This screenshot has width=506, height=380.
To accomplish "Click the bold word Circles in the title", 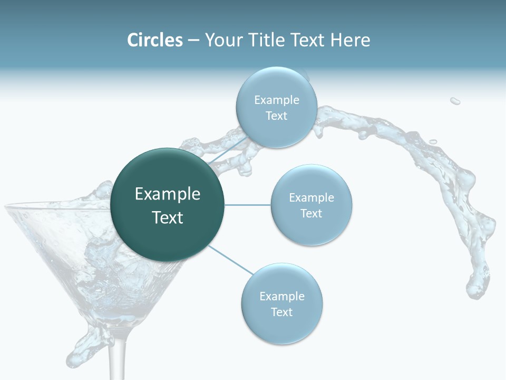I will (x=155, y=40).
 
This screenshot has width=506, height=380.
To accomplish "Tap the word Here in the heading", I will (x=351, y=40).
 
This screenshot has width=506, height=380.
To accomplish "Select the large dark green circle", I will (x=167, y=205).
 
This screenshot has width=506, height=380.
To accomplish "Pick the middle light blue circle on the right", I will (x=311, y=205).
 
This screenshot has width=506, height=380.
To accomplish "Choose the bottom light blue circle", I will (x=281, y=304).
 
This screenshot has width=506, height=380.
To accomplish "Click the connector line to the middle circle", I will (x=248, y=205).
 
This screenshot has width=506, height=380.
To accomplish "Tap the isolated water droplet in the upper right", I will (x=455, y=100).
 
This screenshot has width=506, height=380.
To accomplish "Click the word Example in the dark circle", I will (x=168, y=194).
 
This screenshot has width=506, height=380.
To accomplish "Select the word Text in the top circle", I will (x=276, y=116).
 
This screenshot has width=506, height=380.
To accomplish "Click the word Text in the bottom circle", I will (x=281, y=312).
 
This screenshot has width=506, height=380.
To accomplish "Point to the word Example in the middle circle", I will (x=311, y=198).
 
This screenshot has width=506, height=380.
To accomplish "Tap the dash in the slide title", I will (x=193, y=40).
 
